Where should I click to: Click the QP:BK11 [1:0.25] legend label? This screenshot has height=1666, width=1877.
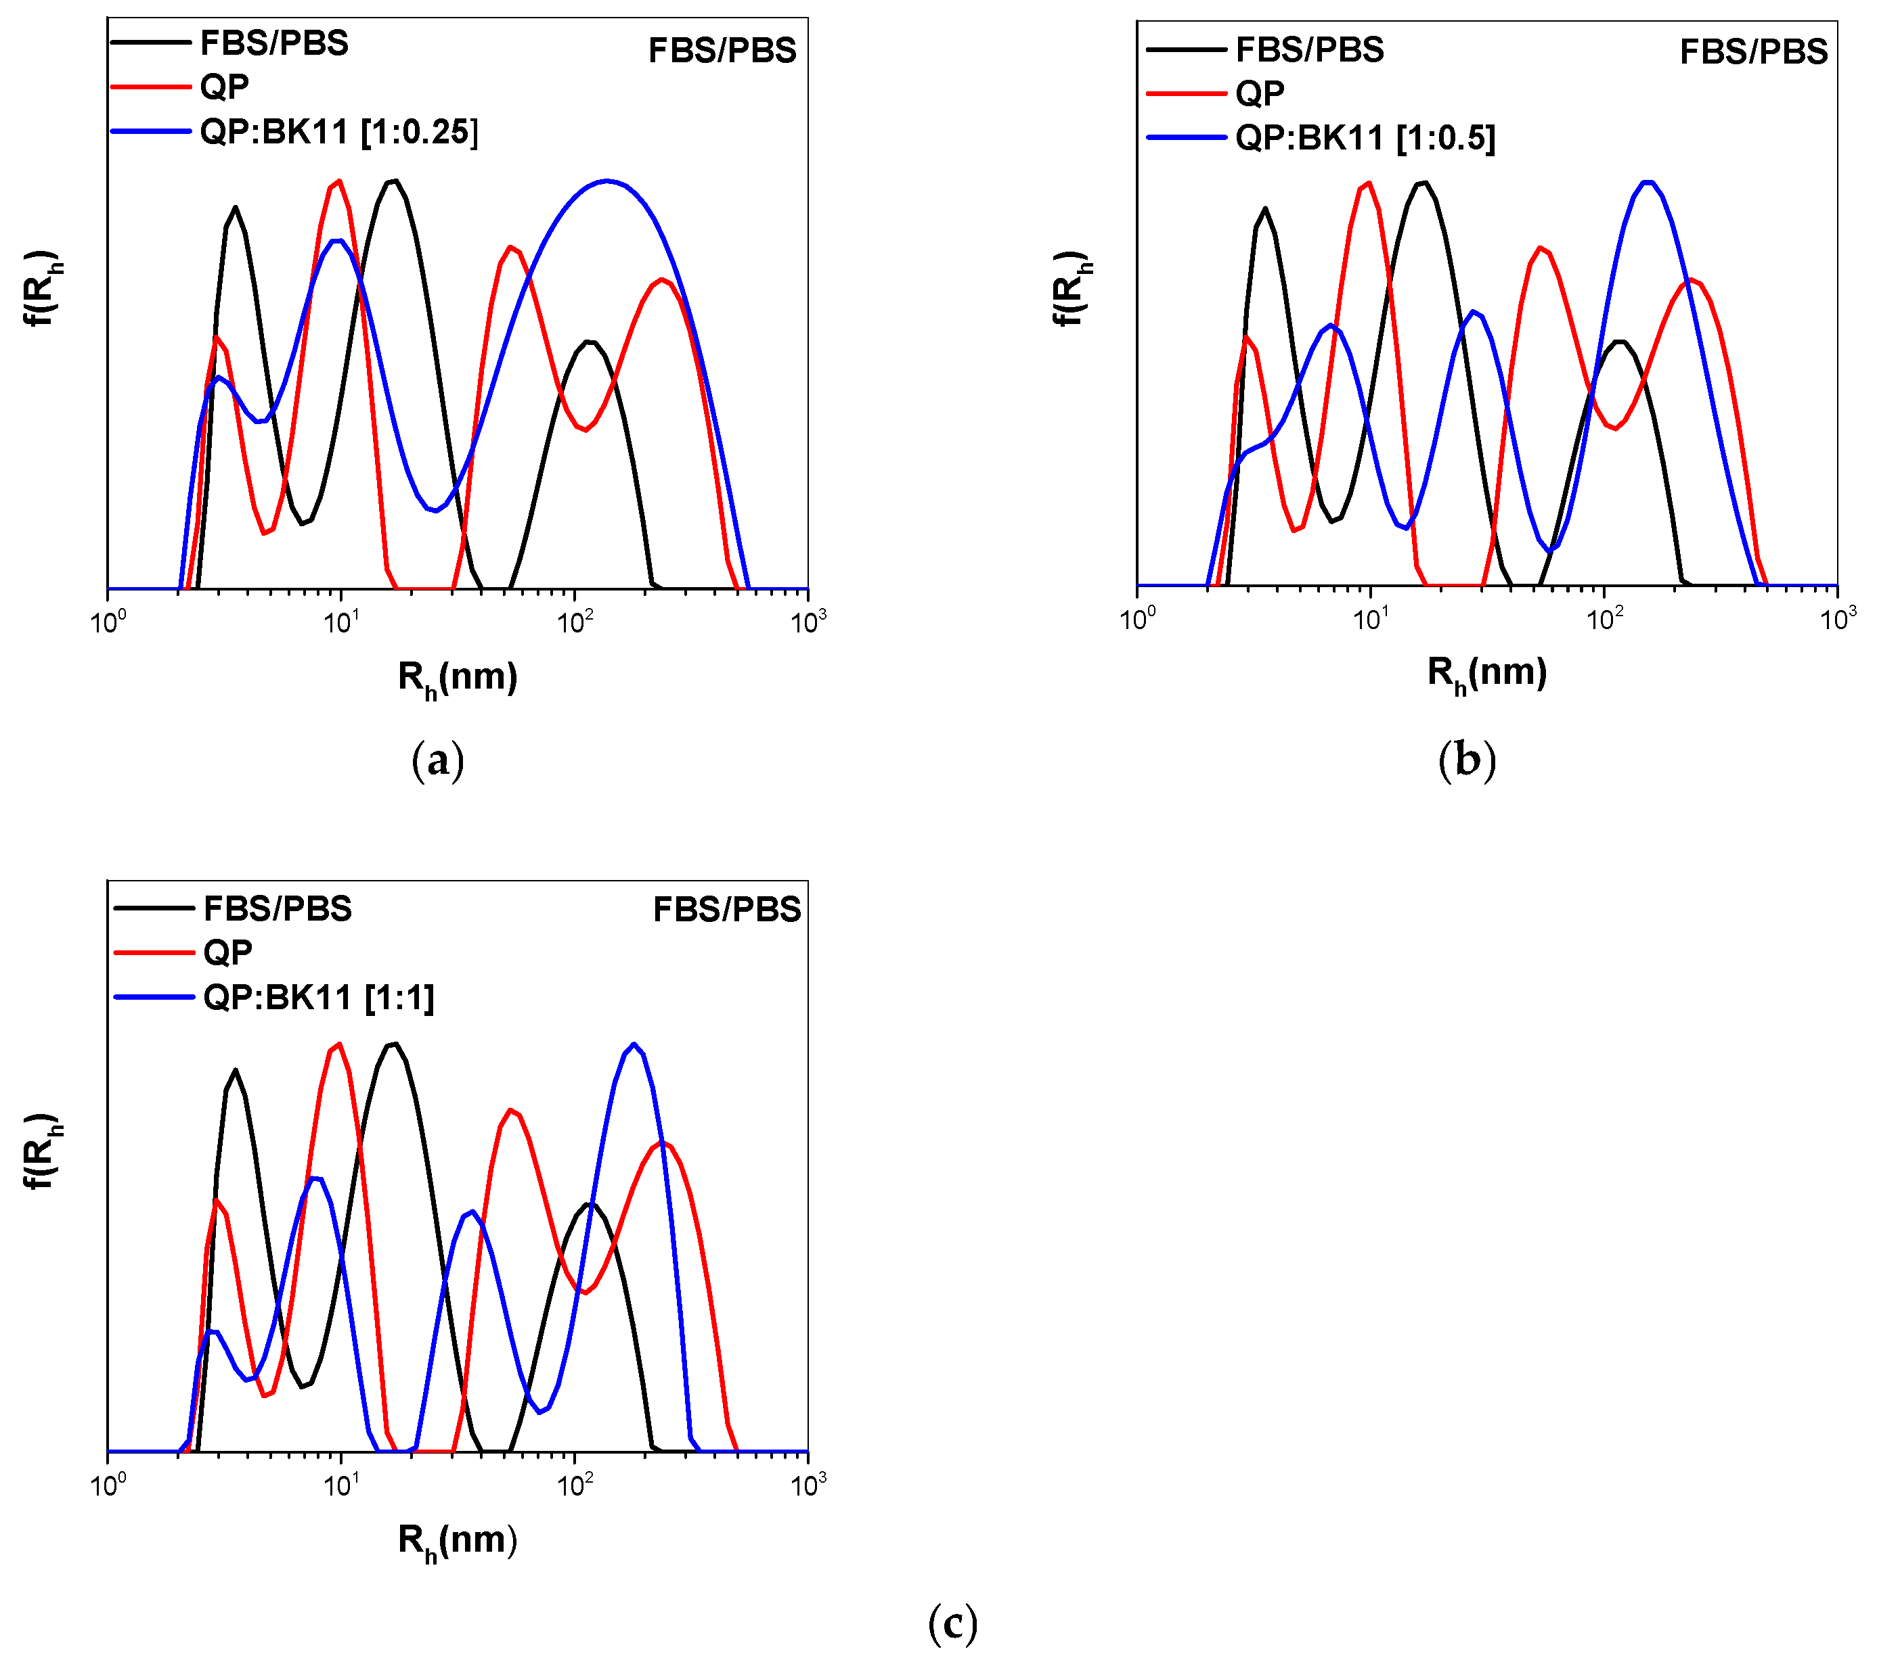[x=339, y=132]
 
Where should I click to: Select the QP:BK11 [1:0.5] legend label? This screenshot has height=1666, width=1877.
[x=1365, y=138]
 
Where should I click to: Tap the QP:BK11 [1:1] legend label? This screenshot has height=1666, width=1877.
[x=319, y=997]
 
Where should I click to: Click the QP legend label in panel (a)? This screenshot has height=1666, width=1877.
[x=225, y=87]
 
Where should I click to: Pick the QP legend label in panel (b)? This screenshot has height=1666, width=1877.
[x=1260, y=93]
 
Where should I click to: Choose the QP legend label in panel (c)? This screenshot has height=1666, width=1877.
[x=227, y=952]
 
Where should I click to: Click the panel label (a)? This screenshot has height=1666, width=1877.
[x=438, y=761]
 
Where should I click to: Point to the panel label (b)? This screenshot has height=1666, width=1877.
[x=1467, y=761]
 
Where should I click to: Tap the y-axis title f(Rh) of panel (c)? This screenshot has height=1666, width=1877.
[x=41, y=1153]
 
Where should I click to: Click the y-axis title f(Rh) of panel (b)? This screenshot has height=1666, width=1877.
[x=1071, y=288]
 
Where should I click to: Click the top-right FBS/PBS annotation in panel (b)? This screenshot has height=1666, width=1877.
[x=1753, y=52]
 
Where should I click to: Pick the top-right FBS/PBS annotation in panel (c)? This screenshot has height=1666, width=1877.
[x=726, y=910]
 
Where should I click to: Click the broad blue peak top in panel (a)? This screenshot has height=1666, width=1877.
[x=606, y=181]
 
